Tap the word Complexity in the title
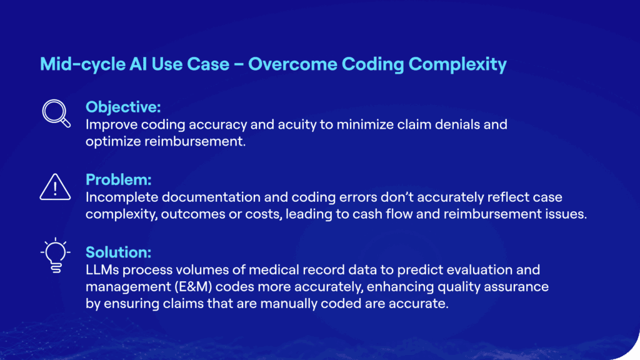click(457, 64)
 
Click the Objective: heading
click(123, 107)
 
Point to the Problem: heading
click(118, 179)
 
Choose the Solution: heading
click(118, 252)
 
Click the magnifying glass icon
click(56, 113)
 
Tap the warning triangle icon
click(55, 187)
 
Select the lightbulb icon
click(56, 255)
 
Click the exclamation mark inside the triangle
click(55, 189)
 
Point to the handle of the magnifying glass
click(65, 122)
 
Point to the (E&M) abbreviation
click(193, 286)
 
